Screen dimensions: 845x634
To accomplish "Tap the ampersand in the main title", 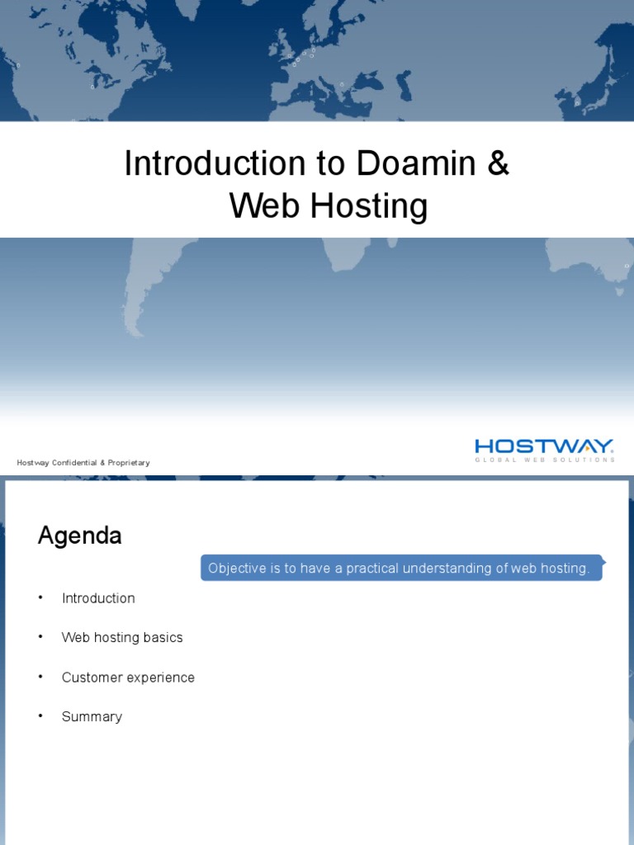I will pyautogui.click(x=499, y=163).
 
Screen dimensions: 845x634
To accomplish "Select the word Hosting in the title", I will pyautogui.click(x=369, y=206).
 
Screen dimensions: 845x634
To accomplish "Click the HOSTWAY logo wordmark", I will pyautogui.click(x=544, y=446).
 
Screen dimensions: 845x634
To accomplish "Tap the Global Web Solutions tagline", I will pyautogui.click(x=544, y=460).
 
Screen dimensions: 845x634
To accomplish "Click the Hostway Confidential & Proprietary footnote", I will pyautogui.click(x=83, y=463).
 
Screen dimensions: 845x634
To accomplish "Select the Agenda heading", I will pyautogui.click(x=80, y=536).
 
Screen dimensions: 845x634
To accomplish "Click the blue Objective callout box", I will pyautogui.click(x=401, y=568).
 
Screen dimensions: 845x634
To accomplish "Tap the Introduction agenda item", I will pyautogui.click(x=98, y=598).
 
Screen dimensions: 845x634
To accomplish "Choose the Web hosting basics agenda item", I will pyautogui.click(x=122, y=638).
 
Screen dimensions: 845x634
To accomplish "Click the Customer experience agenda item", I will pyautogui.click(x=128, y=677).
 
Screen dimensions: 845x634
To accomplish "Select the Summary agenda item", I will pyautogui.click(x=92, y=717).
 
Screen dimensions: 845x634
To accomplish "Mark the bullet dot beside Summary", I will pyautogui.click(x=40, y=717).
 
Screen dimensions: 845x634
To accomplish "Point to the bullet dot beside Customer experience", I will pyautogui.click(x=40, y=677).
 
